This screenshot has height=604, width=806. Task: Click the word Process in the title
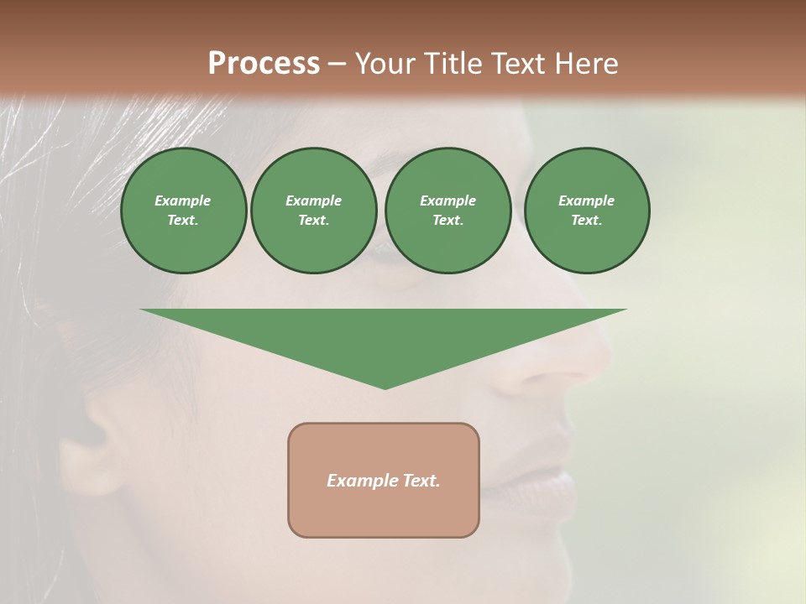(x=264, y=64)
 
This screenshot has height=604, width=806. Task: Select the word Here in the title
(x=586, y=64)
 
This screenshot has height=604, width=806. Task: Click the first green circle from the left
(x=183, y=211)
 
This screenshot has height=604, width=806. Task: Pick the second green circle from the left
(x=314, y=211)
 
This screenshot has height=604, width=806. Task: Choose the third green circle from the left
(x=447, y=211)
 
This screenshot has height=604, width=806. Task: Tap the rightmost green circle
(x=586, y=211)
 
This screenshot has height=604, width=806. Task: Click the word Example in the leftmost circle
(x=183, y=200)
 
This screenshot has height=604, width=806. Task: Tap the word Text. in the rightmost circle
(x=586, y=221)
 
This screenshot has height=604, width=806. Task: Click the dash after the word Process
(x=337, y=64)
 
